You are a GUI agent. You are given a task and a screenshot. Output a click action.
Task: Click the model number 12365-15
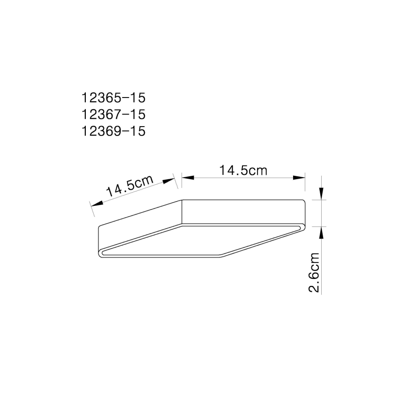coord(113,98)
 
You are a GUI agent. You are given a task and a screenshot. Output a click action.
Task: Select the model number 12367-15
coord(113,114)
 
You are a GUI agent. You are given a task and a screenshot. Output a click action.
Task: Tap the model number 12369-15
coord(113,131)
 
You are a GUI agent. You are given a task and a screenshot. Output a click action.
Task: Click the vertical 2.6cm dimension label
coord(315,272)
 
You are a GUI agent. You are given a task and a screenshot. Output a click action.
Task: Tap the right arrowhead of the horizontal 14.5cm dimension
coord(299,178)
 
